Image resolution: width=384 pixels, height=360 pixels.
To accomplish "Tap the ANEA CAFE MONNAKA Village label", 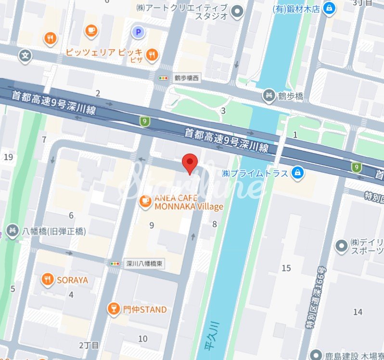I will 189,203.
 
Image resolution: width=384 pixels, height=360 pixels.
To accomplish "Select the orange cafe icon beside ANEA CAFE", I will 144,202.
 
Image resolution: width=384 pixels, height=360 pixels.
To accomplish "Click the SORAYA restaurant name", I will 73,280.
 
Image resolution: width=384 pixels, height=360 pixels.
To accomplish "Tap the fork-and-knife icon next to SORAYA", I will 47,279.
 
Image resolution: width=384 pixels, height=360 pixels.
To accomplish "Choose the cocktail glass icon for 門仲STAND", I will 114,309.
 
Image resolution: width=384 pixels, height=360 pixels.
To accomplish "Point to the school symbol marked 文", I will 26,56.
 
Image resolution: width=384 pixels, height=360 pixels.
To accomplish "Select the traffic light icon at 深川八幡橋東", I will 115,264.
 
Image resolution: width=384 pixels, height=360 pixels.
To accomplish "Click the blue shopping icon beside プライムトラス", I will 298,173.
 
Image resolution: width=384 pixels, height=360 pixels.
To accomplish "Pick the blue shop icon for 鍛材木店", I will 329,8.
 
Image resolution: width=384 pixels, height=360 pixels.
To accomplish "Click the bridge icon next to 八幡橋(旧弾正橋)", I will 12,231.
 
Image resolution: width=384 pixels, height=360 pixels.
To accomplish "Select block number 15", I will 286,268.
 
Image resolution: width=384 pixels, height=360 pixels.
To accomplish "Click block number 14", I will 358,312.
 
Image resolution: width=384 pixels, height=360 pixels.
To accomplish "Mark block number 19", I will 8,157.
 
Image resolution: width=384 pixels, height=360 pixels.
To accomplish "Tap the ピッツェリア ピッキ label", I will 104,52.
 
